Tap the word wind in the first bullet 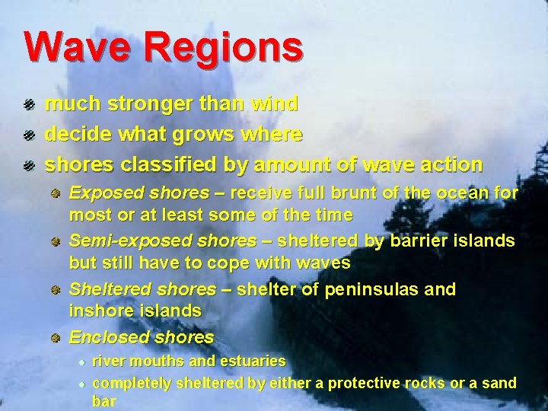tap(273, 103)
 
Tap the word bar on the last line tap(104, 401)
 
